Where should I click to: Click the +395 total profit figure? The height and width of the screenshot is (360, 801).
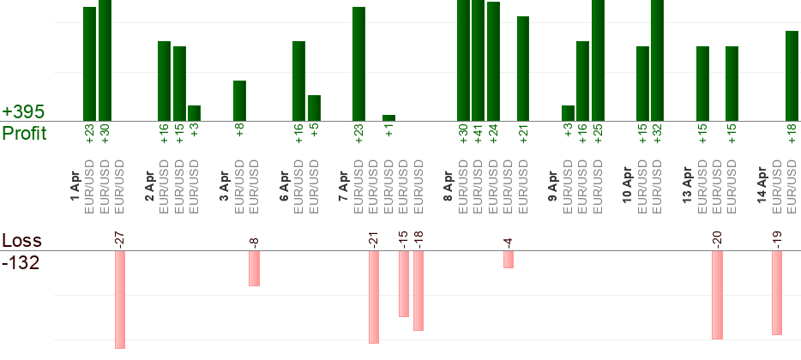coord(24,112)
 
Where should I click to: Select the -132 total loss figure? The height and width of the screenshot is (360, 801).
coord(21,263)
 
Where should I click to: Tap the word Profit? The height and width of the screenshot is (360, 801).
coord(26,133)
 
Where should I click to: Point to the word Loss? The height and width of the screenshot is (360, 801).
coord(21,241)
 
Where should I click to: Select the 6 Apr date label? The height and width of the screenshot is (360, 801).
coord(285,185)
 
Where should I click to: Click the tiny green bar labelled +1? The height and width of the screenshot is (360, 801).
coord(388,117)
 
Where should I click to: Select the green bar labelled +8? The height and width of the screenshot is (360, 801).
coord(239,100)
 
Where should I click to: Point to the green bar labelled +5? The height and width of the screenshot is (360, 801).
coord(314,108)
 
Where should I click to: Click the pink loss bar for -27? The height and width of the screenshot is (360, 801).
coord(120,300)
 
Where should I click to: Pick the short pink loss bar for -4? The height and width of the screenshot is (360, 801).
coord(509,259)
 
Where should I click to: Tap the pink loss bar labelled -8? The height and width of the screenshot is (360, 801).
coord(254,268)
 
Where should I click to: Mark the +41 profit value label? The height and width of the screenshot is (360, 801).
coord(478,135)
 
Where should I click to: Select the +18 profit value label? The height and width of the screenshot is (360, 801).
coord(792,134)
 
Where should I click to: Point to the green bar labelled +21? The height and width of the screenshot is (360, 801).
coord(523,69)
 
